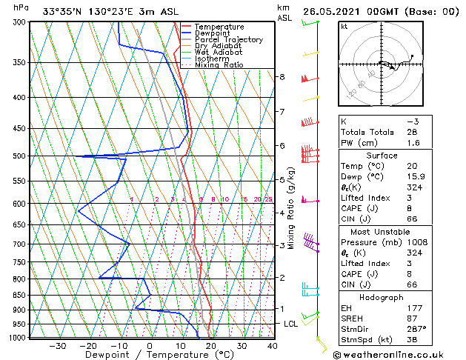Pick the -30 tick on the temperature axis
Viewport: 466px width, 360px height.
(x=56, y=345)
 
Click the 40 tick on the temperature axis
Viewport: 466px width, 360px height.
(x=273, y=345)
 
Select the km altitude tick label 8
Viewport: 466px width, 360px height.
(x=282, y=77)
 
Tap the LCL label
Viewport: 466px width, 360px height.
(x=291, y=324)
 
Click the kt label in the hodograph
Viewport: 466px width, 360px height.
(x=344, y=27)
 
